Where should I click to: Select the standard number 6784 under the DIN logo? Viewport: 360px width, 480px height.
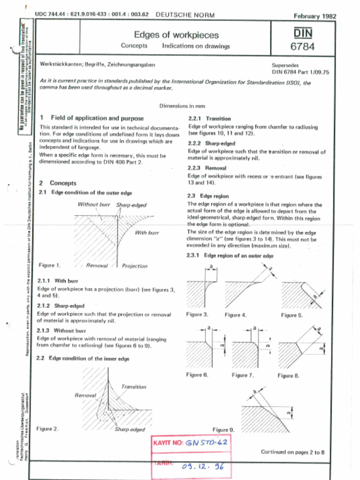click(x=302, y=46)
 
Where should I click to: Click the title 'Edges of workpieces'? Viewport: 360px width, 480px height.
click(x=176, y=35)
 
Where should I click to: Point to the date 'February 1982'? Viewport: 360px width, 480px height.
click(x=315, y=16)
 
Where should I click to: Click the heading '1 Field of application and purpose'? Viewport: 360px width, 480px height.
click(x=92, y=118)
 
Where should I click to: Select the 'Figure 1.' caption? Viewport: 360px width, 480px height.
click(x=50, y=265)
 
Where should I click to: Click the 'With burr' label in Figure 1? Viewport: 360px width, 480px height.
click(x=147, y=232)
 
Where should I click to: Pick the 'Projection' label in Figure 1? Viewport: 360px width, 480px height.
click(x=135, y=266)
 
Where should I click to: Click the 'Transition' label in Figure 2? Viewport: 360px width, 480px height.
click(x=134, y=387)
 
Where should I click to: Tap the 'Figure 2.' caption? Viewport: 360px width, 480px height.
click(x=47, y=428)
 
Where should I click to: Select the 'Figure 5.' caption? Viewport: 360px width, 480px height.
click(x=292, y=315)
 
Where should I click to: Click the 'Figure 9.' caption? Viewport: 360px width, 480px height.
click(x=223, y=429)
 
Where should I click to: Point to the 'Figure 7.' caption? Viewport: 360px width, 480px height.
click(x=242, y=375)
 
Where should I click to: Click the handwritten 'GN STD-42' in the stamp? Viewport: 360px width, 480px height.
click(x=206, y=442)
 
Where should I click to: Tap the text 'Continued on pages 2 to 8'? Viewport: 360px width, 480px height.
click(x=292, y=452)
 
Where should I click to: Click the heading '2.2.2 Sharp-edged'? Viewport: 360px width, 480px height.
click(x=205, y=143)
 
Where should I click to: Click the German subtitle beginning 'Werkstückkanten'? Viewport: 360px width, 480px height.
click(x=97, y=64)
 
